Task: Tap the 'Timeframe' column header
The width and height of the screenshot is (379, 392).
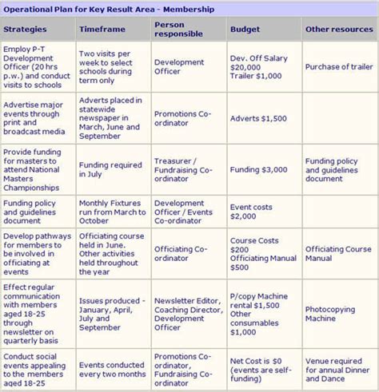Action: [102, 30]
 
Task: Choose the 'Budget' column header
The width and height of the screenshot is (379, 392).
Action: [244, 30]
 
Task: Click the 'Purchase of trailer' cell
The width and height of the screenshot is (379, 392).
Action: [336, 66]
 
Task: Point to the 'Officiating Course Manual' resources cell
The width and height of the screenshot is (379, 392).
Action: [337, 254]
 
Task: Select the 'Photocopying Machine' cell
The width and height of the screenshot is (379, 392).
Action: [332, 313]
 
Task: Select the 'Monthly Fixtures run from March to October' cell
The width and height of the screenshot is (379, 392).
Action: [110, 211]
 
